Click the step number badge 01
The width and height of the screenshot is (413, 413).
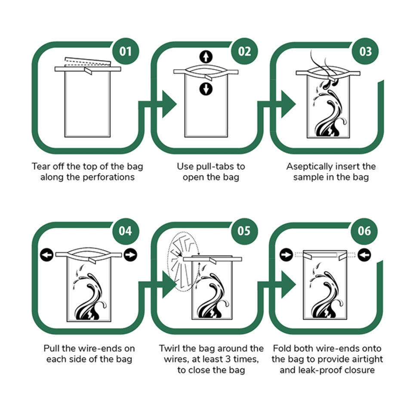(125, 51)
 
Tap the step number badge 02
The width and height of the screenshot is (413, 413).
(244, 51)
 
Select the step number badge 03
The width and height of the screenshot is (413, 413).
(365, 51)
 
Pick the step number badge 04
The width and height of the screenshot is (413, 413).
(125, 231)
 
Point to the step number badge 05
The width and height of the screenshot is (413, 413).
(244, 231)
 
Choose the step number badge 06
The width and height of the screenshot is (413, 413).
(364, 231)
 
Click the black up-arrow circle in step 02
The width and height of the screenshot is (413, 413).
(206, 57)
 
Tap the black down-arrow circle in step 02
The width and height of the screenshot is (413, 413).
(206, 89)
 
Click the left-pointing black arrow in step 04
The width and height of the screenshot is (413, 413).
(47, 255)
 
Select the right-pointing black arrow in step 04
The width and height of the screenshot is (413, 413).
(130, 255)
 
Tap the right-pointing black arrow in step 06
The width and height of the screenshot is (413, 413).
(287, 255)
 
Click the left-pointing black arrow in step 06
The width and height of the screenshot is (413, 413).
(364, 255)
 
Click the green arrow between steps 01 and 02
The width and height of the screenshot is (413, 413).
(157, 104)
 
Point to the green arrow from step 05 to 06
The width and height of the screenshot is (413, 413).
(277, 284)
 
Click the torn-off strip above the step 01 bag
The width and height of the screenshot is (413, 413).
(88, 62)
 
